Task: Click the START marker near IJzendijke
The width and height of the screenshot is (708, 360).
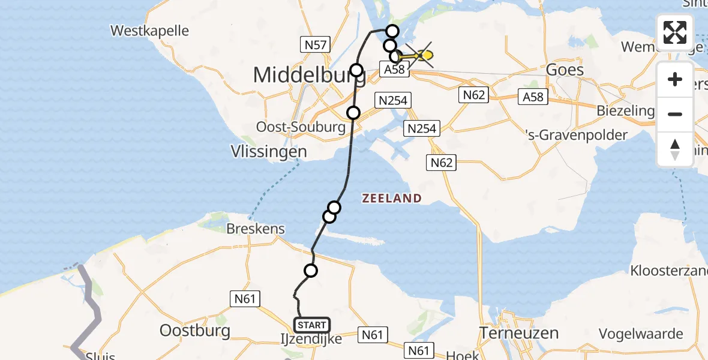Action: (312, 325)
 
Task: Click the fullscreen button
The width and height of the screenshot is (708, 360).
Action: (675, 32)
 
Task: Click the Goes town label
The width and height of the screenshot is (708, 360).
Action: (564, 70)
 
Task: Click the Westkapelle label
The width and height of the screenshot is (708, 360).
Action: (150, 31)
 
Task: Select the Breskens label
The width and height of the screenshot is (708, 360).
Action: (256, 229)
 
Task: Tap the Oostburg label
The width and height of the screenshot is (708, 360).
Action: (195, 331)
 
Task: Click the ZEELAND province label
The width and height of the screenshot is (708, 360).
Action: (392, 198)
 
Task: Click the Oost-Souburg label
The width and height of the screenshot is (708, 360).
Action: (301, 127)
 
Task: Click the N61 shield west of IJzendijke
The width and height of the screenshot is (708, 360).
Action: (242, 298)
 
